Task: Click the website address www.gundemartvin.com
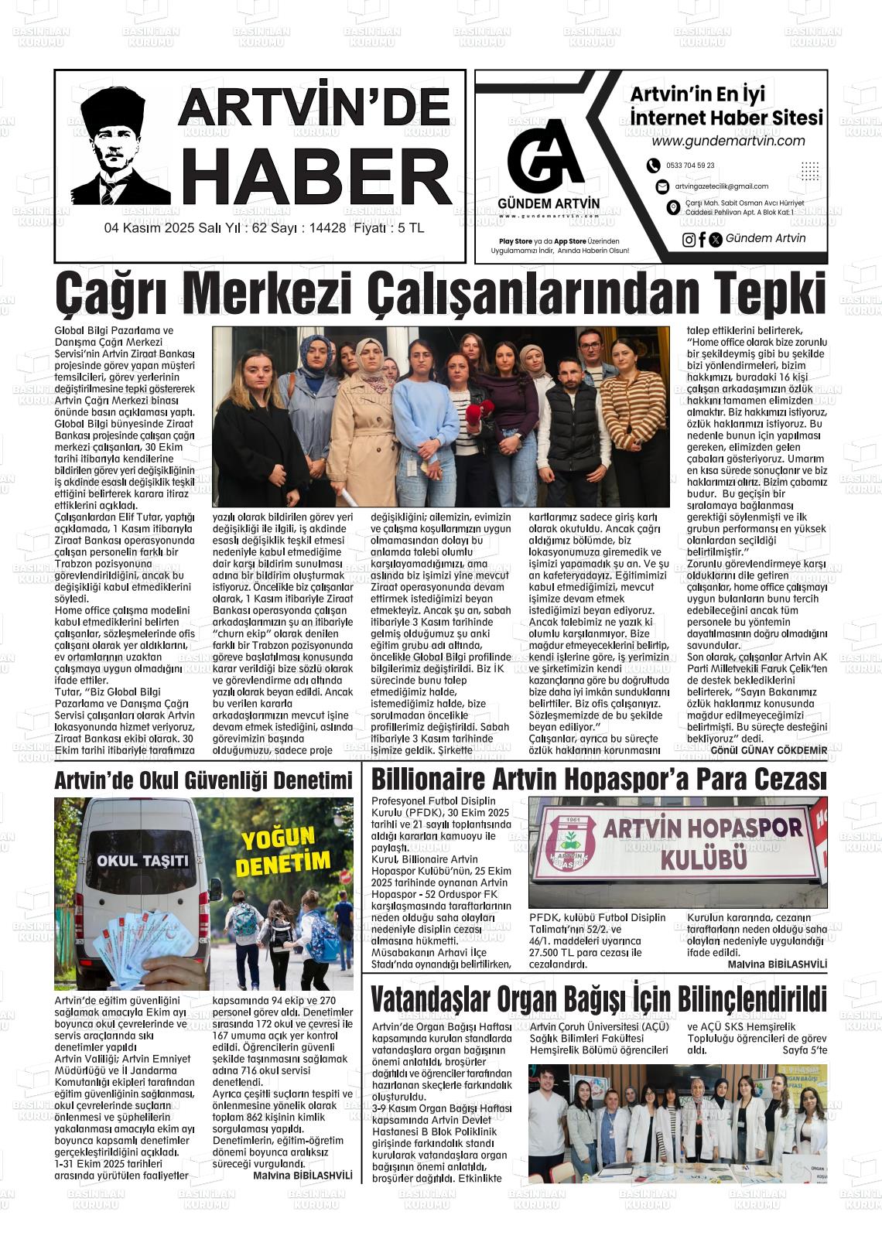(x=728, y=141)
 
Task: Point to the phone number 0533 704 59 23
(x=690, y=166)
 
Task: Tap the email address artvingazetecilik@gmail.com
(x=721, y=186)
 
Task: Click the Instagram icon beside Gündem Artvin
(x=689, y=239)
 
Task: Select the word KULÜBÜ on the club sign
(x=702, y=858)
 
